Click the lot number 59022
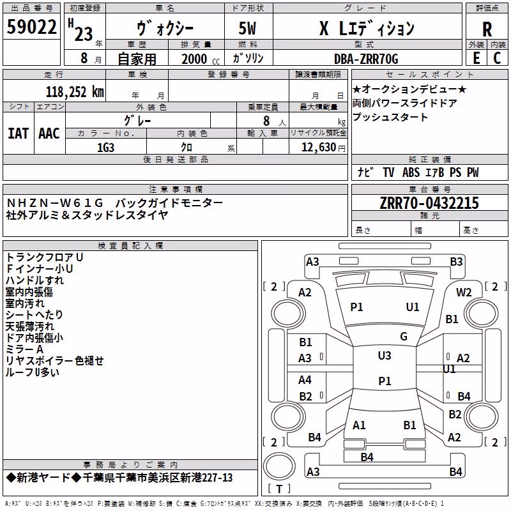[31, 27]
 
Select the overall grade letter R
[487, 29]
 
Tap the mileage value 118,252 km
[75, 92]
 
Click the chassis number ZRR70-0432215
[429, 203]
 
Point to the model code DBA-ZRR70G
[366, 59]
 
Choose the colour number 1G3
[105, 148]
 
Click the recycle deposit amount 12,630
[319, 148]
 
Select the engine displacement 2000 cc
[201, 59]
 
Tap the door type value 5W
[247, 28]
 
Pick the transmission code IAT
[19, 133]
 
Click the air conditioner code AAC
[49, 133]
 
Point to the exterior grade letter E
[476, 58]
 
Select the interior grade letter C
[497, 58]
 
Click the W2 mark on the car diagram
[464, 293]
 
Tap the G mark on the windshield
[404, 336]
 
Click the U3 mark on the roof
[385, 355]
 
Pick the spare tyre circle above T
[279, 466]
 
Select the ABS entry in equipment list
[411, 172]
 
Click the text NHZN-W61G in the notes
[55, 203]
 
